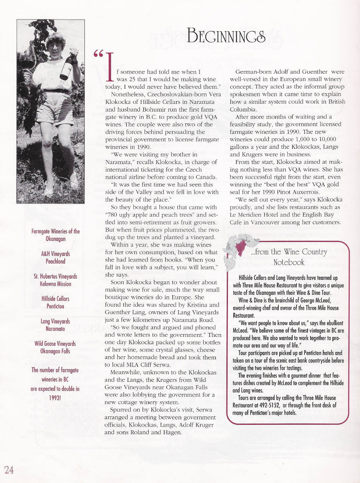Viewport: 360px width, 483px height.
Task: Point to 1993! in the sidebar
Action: pos(56,397)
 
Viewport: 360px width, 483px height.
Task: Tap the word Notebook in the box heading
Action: pos(289,262)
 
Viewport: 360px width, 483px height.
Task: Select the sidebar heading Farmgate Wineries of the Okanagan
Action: pos(56,235)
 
